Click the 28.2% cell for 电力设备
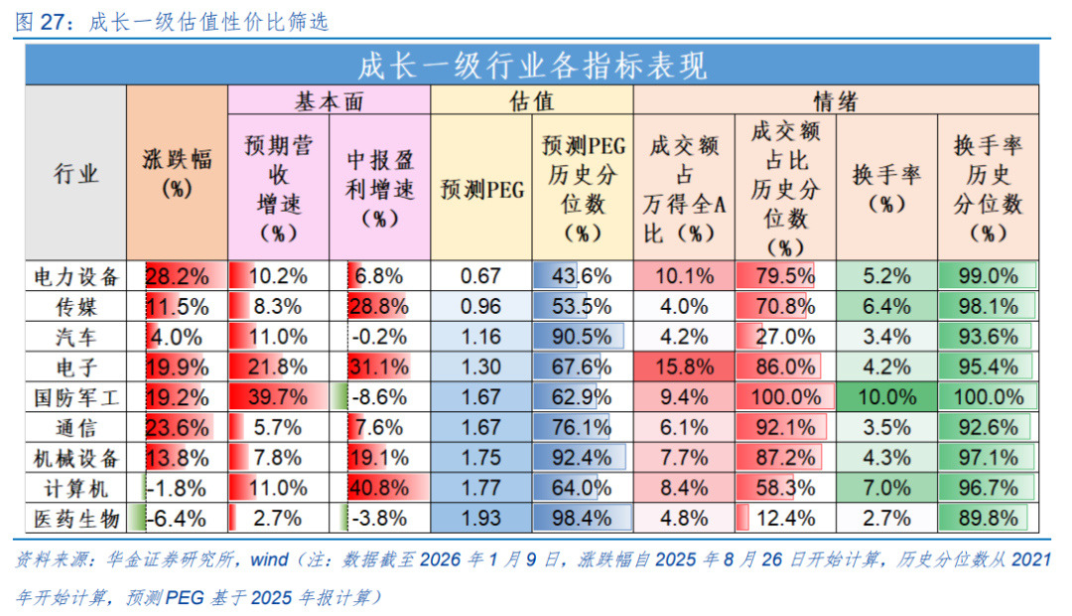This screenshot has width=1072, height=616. pos(178,276)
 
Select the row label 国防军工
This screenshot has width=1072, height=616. pos(75,398)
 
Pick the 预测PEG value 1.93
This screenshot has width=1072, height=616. pos(480,519)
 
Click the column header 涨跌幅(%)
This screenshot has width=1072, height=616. pos(177,174)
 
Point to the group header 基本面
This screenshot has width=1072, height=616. pos(329,100)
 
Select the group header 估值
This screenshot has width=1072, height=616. pos(531,100)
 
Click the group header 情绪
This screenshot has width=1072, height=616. pos(836,100)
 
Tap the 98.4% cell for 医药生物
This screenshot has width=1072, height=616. pos(582,519)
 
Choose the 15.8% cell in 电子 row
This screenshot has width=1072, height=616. pos(684,368)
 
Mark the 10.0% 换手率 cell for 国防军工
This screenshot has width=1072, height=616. pos(886,398)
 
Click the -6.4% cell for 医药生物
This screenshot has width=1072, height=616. pos(178,519)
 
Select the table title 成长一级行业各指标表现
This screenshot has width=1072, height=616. pos(532,66)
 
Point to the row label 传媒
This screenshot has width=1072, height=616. pos(75,307)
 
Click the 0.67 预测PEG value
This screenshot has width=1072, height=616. pos(480,276)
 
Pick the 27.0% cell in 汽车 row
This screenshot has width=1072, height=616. pos(785,337)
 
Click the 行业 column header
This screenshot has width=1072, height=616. pos(75,174)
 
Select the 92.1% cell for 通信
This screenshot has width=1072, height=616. pos(785,428)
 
